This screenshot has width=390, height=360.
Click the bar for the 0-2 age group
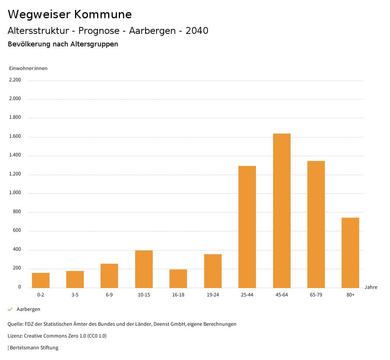(41, 280)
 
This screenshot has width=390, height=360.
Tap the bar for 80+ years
(350, 253)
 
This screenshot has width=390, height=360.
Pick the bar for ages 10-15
(144, 269)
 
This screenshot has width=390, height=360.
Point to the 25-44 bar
(247, 227)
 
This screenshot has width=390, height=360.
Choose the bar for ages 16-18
(178, 278)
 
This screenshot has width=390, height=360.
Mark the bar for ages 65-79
(316, 224)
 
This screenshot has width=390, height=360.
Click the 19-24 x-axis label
(213, 295)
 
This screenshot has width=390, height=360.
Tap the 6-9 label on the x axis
(109, 295)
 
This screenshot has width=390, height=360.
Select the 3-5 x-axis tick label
(75, 295)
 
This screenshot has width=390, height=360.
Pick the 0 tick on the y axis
(19, 287)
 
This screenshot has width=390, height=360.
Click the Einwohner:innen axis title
(28, 68)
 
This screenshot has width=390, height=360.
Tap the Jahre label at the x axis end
(371, 287)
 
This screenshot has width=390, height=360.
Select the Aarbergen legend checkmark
(10, 309)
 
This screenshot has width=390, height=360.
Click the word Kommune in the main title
(103, 14)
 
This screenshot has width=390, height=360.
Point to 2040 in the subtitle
(197, 31)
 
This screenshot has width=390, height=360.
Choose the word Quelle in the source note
(15, 324)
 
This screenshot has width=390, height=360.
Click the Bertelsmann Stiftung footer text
(34, 347)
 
